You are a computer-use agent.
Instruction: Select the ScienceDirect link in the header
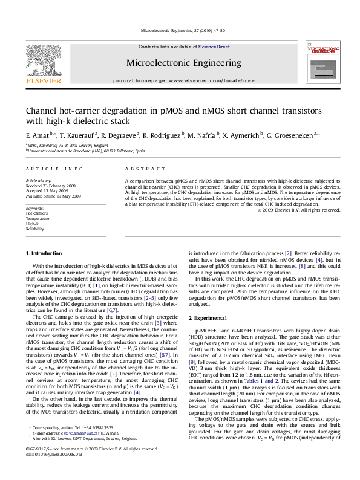(x=214, y=47)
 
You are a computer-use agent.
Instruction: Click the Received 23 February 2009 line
(x=50, y=186)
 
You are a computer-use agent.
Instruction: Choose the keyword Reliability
(x=34, y=229)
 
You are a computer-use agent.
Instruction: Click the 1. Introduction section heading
(x=46, y=253)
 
